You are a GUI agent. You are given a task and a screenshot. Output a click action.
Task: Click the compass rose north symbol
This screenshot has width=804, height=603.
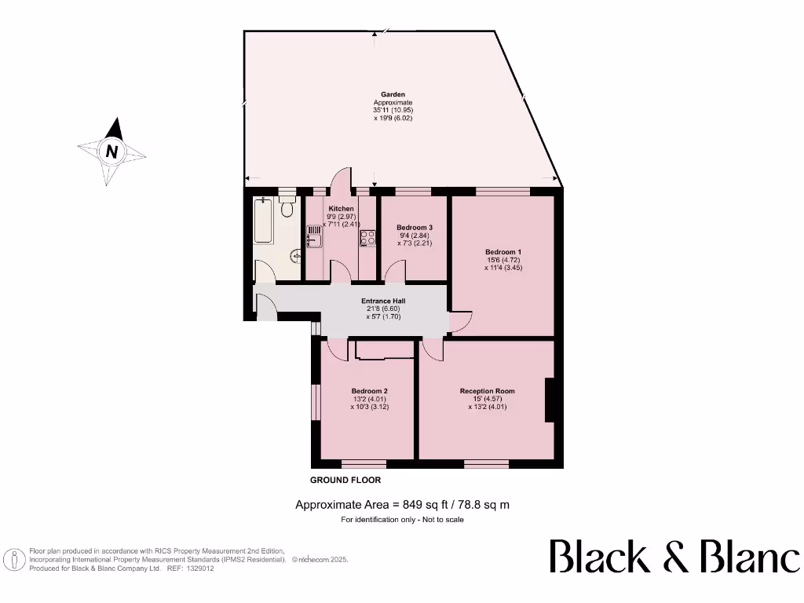(112, 152)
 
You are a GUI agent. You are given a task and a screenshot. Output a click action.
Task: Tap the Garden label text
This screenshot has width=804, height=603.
(393, 94)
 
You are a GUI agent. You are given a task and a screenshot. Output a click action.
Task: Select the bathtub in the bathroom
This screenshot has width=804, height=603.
(262, 221)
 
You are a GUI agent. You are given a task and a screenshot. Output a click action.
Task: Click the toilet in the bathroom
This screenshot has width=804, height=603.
(287, 206)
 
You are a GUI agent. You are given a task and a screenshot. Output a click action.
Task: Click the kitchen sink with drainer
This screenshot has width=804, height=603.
(314, 236)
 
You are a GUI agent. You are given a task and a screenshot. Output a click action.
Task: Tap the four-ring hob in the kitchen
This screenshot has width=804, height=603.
(367, 237)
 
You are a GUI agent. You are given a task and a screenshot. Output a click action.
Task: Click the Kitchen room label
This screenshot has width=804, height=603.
(341, 208)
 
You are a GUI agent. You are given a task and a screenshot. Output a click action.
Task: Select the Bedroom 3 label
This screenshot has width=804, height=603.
(414, 228)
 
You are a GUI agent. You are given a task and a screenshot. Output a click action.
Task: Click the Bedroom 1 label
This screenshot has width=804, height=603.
(502, 252)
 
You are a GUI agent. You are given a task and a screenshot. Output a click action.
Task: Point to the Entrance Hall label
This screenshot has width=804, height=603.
(382, 301)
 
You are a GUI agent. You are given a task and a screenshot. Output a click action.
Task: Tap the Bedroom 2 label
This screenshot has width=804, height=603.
(369, 391)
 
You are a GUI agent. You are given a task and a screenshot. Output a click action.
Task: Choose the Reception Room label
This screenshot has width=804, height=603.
(487, 390)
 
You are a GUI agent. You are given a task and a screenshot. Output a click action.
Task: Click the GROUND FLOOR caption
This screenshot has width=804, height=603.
(345, 480)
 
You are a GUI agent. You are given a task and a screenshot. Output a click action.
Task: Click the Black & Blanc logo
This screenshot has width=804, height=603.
(674, 557)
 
